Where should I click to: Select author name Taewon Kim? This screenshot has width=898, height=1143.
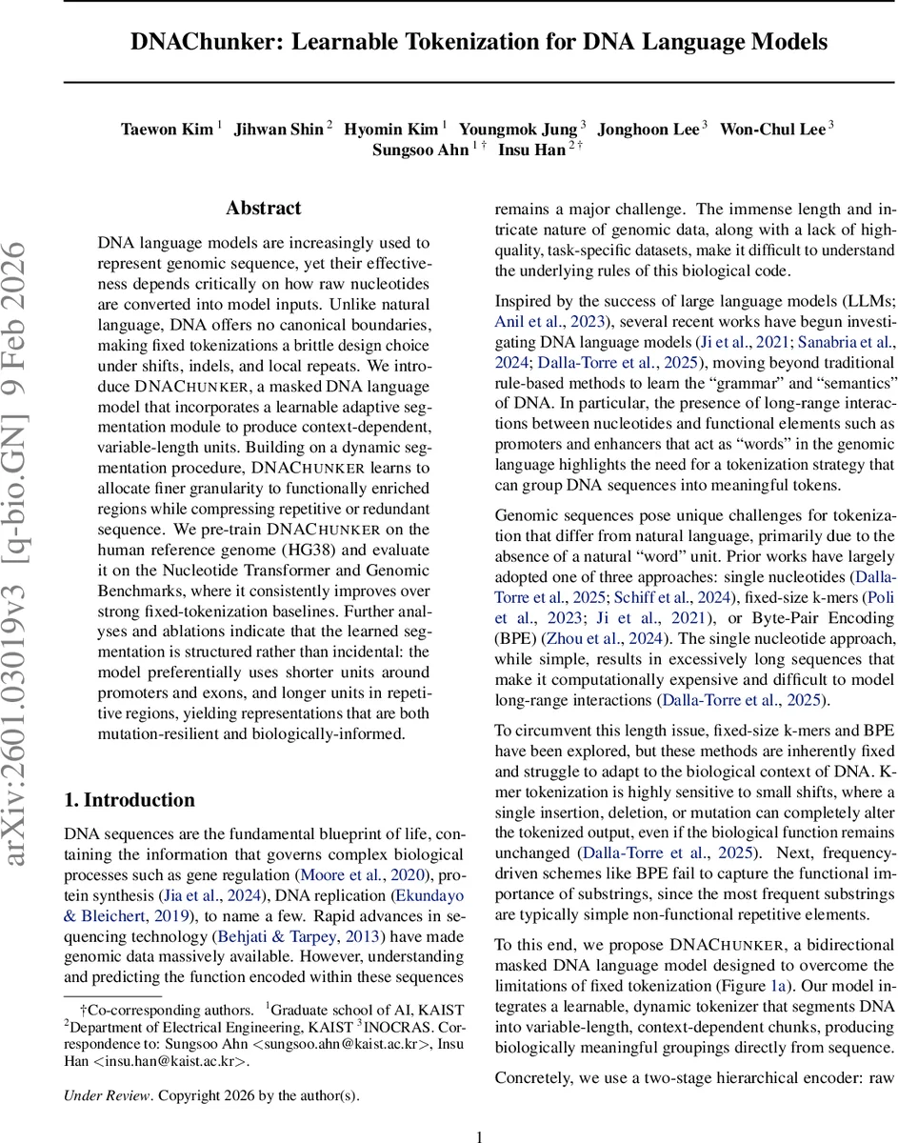(167, 130)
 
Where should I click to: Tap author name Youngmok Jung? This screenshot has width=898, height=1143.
(518, 130)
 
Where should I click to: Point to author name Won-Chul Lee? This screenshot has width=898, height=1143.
(771, 130)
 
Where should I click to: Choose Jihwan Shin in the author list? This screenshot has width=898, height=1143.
(279, 130)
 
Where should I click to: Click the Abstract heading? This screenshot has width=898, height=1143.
(263, 209)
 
